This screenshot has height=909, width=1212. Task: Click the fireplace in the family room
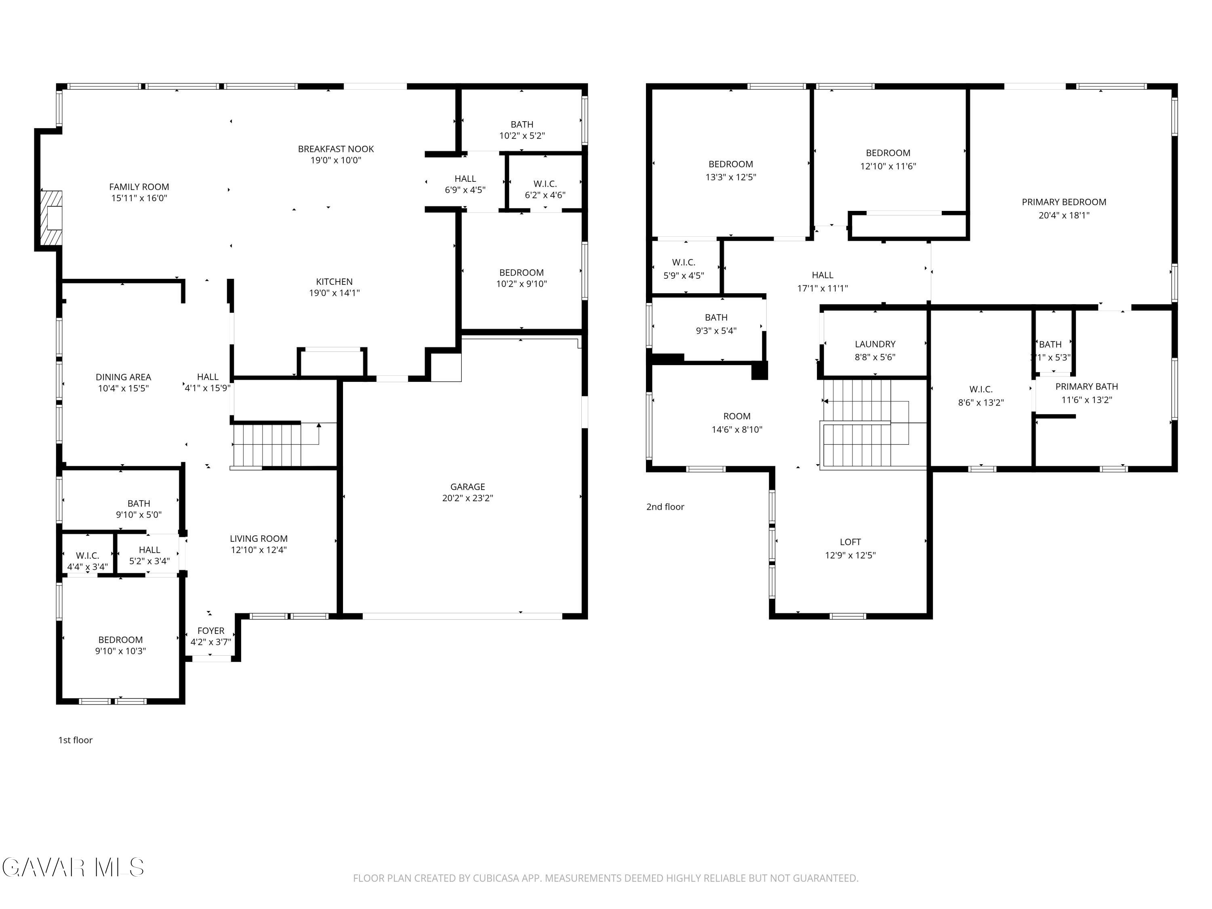point(51,217)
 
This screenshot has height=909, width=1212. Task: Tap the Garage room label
point(467,486)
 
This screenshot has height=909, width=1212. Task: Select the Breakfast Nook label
point(336,149)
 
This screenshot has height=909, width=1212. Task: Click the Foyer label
point(211,631)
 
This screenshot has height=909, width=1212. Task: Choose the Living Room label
point(259,539)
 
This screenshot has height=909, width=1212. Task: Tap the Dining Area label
point(123,377)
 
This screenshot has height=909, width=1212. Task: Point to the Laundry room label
point(875,344)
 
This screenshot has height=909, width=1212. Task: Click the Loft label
point(850,542)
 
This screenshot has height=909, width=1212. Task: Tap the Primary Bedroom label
point(1064,202)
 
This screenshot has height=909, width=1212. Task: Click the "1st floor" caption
point(76,740)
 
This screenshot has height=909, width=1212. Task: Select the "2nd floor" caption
point(665,507)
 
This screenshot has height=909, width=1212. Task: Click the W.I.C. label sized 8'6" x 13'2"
point(981,389)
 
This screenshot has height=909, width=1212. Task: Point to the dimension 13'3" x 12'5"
point(731,177)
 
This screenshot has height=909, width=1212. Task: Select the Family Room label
point(139,187)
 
